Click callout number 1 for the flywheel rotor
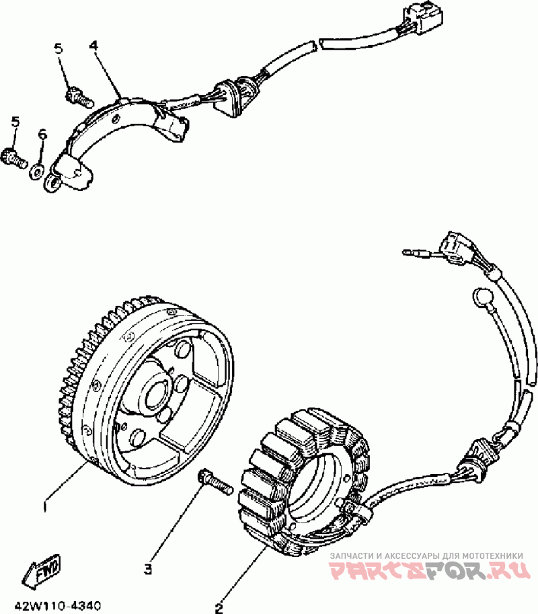[44, 503]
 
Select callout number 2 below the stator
[219, 609]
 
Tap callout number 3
[148, 569]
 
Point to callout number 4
[93, 46]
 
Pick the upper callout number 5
[59, 48]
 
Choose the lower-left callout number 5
[15, 121]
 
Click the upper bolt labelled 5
[79, 96]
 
